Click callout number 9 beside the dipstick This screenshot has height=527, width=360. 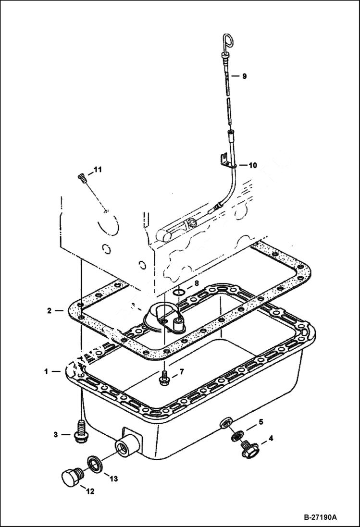(x=244, y=76)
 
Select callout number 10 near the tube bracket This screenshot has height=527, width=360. (x=253, y=165)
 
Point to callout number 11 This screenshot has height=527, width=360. (x=98, y=170)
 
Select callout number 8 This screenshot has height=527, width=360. (x=196, y=283)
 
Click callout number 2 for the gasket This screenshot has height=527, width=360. (x=49, y=310)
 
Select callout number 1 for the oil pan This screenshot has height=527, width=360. (x=47, y=371)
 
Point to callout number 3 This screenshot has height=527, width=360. (x=56, y=434)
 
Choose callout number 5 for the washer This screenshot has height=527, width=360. (x=261, y=422)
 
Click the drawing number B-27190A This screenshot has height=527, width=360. (x=320, y=517)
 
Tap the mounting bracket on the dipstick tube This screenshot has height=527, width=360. (x=224, y=160)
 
